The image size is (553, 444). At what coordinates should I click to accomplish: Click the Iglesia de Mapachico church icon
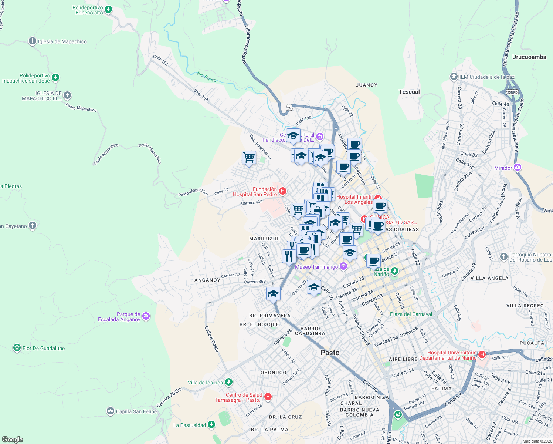tap(33, 41)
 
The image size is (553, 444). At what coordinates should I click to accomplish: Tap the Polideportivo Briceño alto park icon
tap(108, 10)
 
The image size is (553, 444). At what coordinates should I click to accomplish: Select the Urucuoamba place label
tap(529, 57)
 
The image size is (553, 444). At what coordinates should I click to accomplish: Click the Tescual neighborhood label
tap(409, 92)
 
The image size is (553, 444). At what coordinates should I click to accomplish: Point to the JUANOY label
tap(366, 85)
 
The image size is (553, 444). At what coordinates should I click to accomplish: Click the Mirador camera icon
tap(518, 168)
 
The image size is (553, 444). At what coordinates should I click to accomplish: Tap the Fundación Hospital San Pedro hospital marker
tap(283, 191)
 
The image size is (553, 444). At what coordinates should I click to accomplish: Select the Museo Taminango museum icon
tap(343, 266)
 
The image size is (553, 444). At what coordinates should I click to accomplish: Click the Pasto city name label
tap(330, 353)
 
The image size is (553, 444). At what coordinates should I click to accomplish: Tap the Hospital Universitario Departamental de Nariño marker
tap(482, 355)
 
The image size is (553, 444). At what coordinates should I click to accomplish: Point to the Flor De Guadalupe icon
tap(17, 348)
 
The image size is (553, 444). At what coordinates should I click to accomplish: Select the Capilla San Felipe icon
tap(110, 411)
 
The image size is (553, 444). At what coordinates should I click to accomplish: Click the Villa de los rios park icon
tap(229, 382)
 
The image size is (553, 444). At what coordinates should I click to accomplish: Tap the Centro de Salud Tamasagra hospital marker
tap(268, 397)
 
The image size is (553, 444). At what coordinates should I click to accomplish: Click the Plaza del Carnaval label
tap(411, 314)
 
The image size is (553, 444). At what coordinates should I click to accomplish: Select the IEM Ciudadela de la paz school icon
tap(454, 77)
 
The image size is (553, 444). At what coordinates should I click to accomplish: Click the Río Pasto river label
tap(207, 77)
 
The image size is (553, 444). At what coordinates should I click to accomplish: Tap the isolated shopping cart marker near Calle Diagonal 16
tap(249, 158)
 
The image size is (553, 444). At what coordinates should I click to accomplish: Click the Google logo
tap(12, 439)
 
